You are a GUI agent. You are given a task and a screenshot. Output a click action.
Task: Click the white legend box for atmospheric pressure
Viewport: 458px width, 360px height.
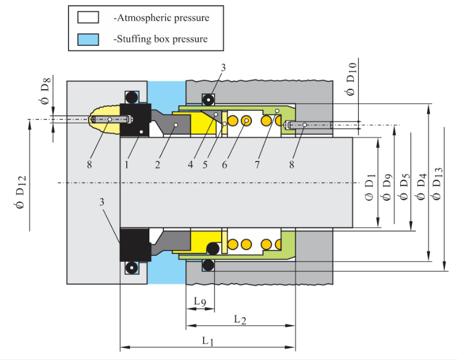click(89, 17)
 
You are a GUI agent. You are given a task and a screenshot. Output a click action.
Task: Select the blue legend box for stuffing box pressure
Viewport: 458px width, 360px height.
click(89, 39)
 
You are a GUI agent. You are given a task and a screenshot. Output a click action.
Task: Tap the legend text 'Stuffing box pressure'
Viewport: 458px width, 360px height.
click(160, 39)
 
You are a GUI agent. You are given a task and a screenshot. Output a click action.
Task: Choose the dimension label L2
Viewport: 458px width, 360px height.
click(240, 319)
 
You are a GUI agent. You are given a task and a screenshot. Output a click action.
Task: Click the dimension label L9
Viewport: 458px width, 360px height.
click(200, 302)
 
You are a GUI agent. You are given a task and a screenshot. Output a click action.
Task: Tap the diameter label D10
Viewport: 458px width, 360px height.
click(351, 80)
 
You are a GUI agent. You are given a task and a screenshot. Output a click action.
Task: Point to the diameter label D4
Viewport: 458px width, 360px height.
click(421, 188)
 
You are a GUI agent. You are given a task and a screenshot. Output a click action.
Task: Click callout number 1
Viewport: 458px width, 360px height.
click(127, 165)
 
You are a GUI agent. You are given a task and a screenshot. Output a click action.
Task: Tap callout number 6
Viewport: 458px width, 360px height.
click(225, 165)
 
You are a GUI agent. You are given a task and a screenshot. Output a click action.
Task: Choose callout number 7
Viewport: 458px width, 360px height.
click(257, 165)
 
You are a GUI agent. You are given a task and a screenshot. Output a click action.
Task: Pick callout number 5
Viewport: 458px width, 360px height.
click(206, 165)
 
